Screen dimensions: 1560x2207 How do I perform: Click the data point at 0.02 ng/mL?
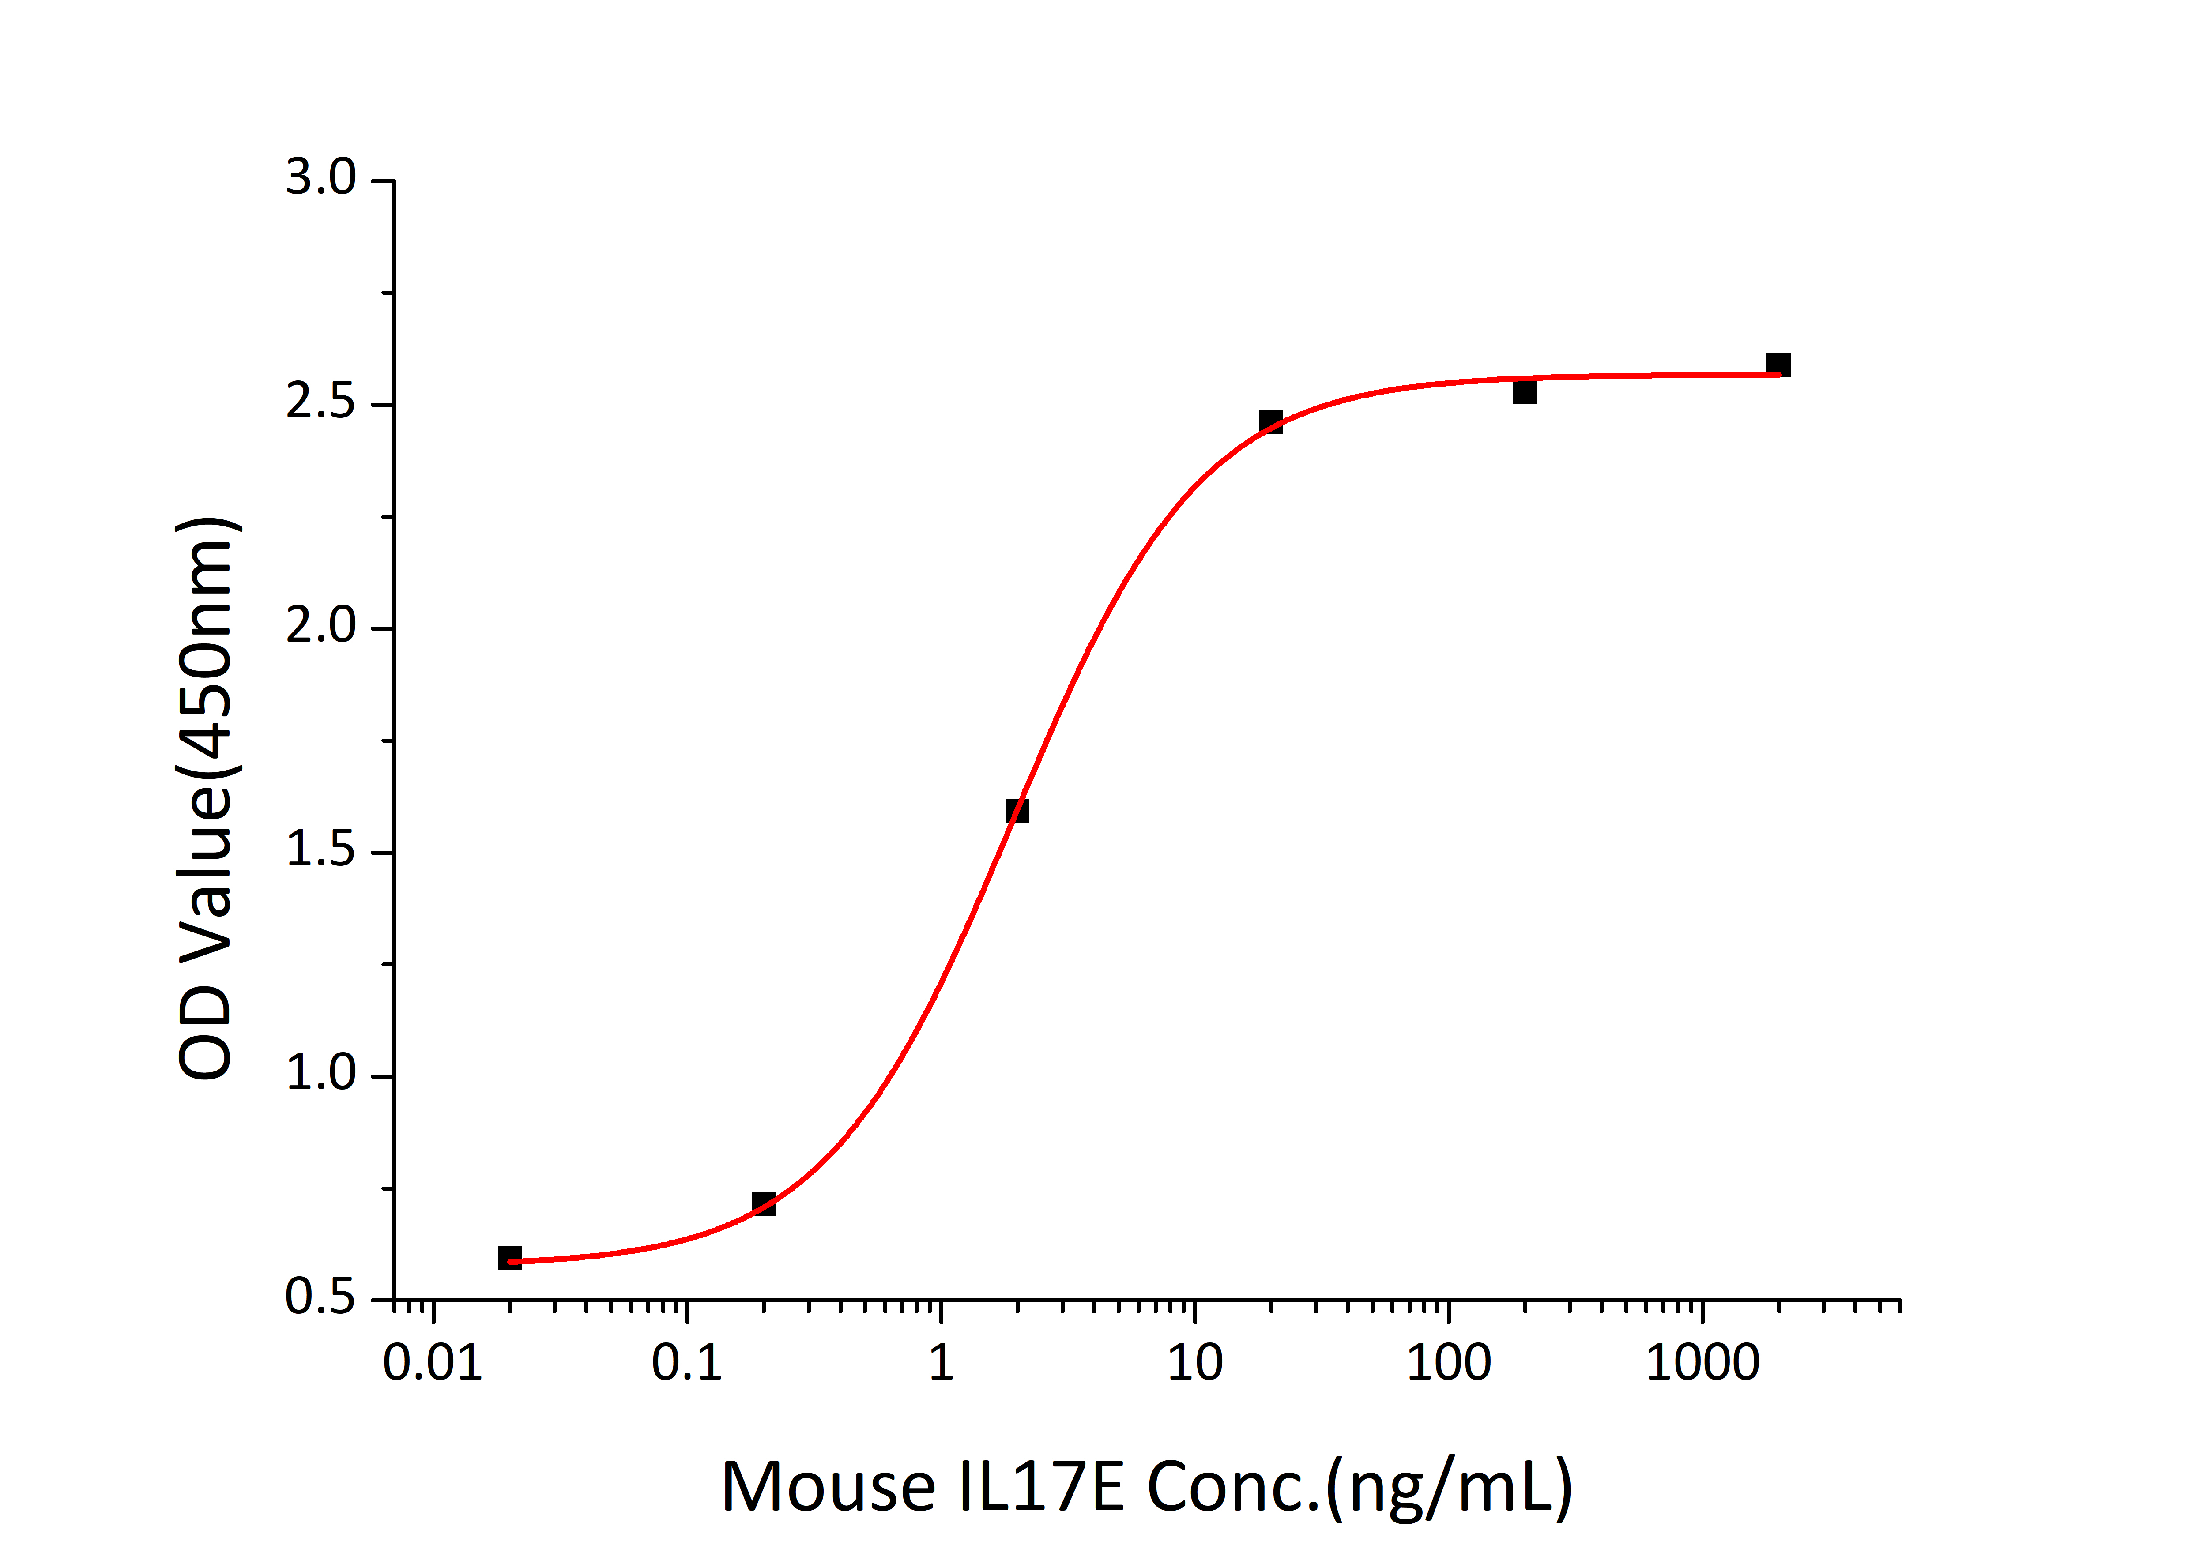[509, 1257]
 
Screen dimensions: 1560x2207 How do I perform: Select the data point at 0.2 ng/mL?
[763, 1203]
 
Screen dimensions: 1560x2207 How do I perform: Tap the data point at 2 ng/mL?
[1017, 810]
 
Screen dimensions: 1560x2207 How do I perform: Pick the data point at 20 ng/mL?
[1271, 421]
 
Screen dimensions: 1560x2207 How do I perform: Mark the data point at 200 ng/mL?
[1525, 392]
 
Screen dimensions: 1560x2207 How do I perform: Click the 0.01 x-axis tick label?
[433, 1363]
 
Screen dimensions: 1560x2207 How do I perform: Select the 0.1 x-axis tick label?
[686, 1363]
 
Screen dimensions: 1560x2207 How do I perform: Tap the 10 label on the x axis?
[1195, 1363]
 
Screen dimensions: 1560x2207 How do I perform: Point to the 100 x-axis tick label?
[1449, 1363]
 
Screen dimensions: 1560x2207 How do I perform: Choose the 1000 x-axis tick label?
[1702, 1363]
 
